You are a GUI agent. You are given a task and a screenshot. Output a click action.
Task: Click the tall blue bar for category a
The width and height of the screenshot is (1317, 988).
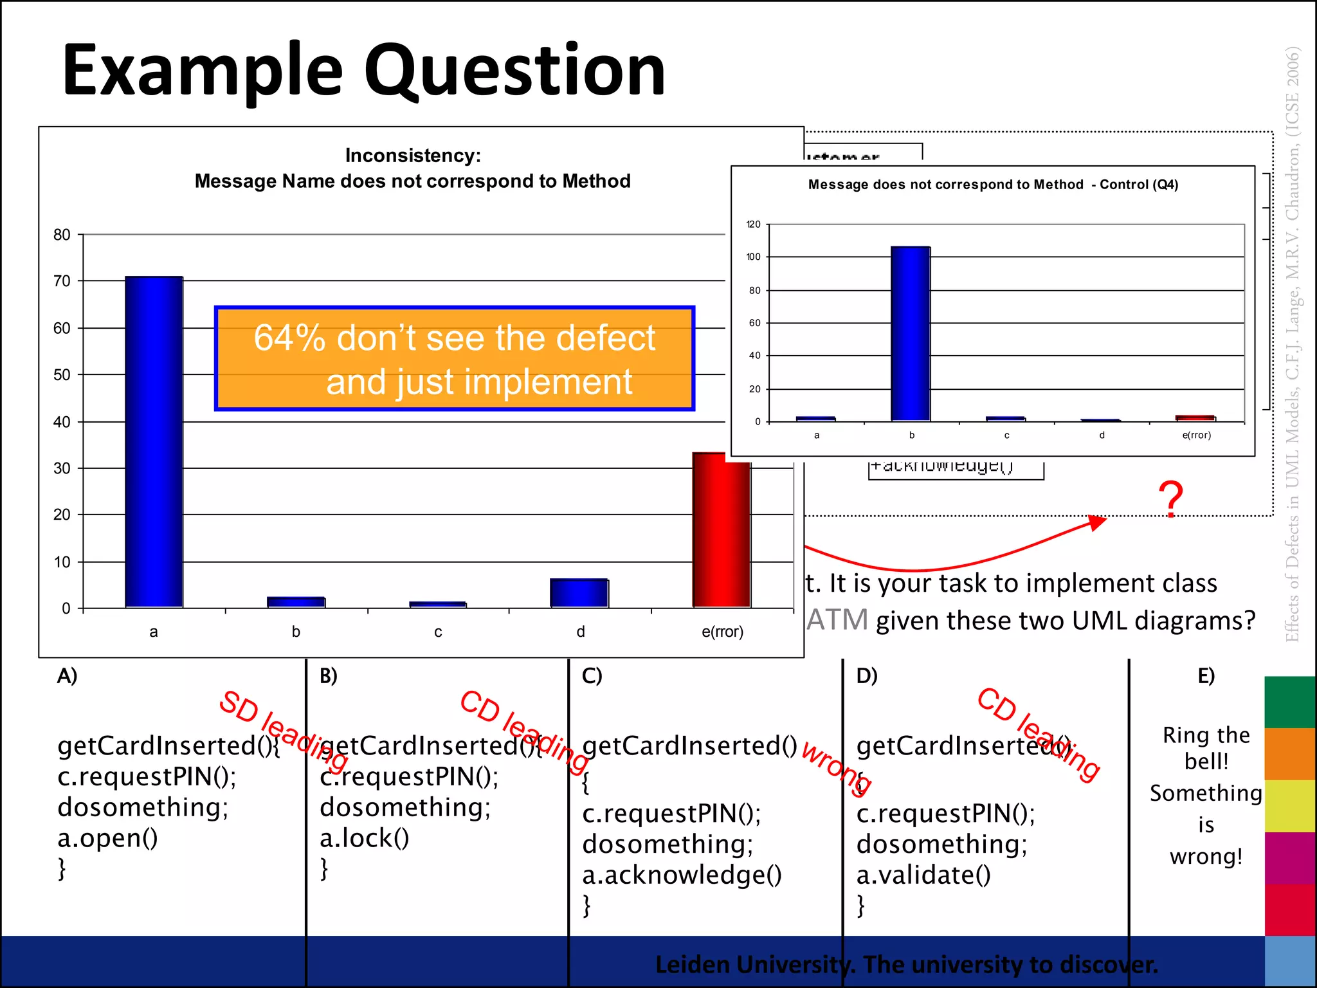click(154, 442)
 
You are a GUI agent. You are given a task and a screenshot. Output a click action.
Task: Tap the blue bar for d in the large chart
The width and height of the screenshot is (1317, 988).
click(579, 593)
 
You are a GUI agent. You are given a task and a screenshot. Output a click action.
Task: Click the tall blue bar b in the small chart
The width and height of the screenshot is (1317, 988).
click(910, 334)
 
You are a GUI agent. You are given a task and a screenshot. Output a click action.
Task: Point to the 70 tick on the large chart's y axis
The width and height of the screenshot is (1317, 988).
click(62, 281)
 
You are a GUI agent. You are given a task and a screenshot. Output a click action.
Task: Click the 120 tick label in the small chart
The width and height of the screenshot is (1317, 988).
click(753, 224)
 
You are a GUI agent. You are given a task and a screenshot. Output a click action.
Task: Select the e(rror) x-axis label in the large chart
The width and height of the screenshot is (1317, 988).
click(722, 632)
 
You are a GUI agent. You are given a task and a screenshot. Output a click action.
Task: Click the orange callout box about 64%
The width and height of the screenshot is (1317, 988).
click(454, 358)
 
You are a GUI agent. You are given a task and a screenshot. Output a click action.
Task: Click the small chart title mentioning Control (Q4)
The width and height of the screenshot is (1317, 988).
click(992, 185)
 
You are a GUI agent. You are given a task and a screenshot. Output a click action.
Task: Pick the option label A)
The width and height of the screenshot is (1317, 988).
click(67, 676)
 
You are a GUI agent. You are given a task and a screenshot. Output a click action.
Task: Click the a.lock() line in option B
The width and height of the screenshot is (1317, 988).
click(364, 838)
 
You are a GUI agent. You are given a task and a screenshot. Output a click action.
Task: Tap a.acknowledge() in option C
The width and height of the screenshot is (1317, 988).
click(682, 875)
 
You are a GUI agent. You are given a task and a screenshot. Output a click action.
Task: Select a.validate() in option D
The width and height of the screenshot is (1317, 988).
click(923, 875)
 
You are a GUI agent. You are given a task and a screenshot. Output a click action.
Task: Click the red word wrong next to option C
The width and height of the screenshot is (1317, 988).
click(837, 769)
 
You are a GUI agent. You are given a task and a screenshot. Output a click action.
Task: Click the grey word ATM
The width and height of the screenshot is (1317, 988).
click(837, 620)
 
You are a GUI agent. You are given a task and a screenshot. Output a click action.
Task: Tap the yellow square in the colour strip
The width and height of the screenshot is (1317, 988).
click(1289, 805)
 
